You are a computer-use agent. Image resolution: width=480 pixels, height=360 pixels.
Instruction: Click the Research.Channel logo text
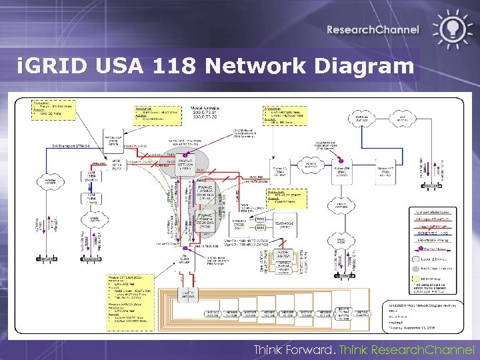click(x=373, y=29)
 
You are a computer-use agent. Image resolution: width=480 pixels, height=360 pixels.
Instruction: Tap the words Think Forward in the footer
click(x=294, y=350)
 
